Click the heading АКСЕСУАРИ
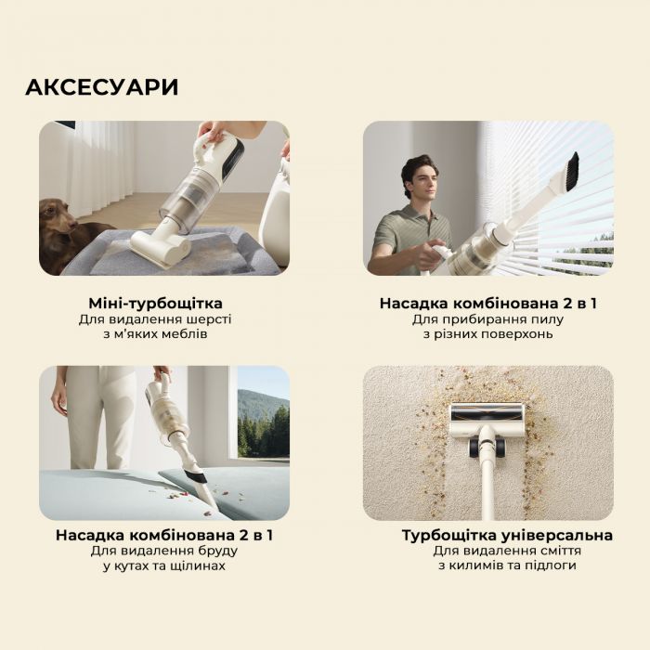tap(101, 87)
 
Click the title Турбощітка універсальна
tap(507, 536)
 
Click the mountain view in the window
tap(264, 422)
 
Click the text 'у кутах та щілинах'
tap(163, 565)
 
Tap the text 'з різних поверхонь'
tap(488, 334)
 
